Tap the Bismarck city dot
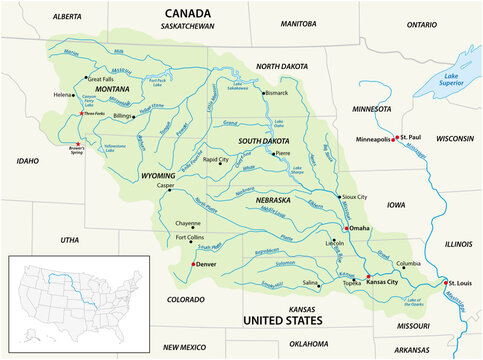[263, 93]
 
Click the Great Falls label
[101, 79]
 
